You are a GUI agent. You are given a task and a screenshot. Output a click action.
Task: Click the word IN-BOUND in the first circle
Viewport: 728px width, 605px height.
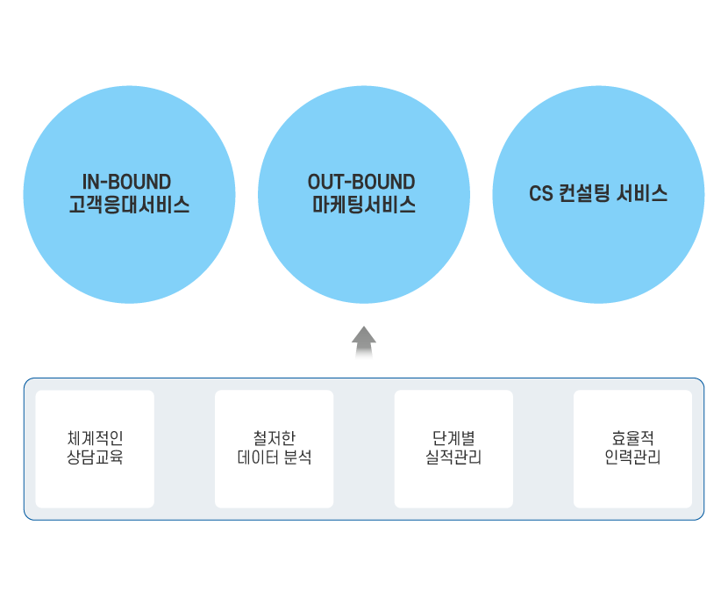[x=126, y=182]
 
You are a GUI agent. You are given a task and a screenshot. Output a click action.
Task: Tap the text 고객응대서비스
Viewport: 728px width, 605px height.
[x=129, y=205]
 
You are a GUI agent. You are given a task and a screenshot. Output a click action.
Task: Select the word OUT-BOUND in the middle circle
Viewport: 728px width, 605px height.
[x=361, y=182]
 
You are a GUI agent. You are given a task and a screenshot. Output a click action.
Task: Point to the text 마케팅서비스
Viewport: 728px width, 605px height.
[x=363, y=205]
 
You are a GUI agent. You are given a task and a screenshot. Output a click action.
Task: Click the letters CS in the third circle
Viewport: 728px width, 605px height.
[x=540, y=194]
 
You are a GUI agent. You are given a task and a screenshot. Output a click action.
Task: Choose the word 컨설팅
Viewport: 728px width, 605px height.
[x=584, y=194]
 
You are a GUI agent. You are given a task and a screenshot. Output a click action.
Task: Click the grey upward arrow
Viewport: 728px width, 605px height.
[x=364, y=341]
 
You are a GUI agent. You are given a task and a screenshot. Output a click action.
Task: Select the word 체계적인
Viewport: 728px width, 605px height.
[x=95, y=437]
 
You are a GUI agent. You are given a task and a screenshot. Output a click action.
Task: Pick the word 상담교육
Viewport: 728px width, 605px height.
[x=95, y=457]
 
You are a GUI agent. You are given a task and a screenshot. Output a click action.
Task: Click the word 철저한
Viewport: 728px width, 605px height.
[x=274, y=437]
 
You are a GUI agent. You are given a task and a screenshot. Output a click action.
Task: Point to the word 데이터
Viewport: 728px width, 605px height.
[x=258, y=457]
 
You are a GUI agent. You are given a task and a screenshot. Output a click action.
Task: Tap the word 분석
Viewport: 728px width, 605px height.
[x=297, y=457]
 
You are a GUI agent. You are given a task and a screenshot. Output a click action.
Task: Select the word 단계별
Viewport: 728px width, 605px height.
[x=453, y=437]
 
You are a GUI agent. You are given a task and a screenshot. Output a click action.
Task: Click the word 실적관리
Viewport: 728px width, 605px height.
[x=453, y=457]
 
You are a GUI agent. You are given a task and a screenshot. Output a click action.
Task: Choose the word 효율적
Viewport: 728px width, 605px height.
[x=632, y=437]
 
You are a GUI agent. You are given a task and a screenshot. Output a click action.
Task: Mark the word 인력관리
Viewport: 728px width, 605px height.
[x=632, y=457]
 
